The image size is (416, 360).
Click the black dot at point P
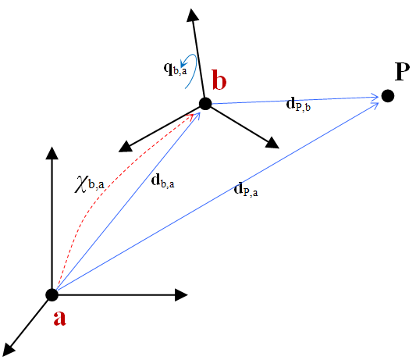point(388,96)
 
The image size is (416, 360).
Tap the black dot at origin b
point(205,104)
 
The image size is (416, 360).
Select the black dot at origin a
point(52,295)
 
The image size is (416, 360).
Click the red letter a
point(59,318)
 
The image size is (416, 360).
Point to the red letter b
point(219,80)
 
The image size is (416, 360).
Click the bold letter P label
point(402,72)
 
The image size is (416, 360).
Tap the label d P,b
point(298,104)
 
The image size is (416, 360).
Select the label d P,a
point(246,190)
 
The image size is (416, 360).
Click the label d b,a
point(162,182)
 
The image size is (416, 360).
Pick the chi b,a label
point(89,184)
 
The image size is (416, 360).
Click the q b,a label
point(175,69)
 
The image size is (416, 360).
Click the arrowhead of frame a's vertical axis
point(52,153)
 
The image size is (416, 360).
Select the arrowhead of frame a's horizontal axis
point(182,294)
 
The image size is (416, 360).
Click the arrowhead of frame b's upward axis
point(193,15)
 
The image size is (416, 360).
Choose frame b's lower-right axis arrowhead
point(272,143)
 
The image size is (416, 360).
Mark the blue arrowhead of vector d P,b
point(375,97)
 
